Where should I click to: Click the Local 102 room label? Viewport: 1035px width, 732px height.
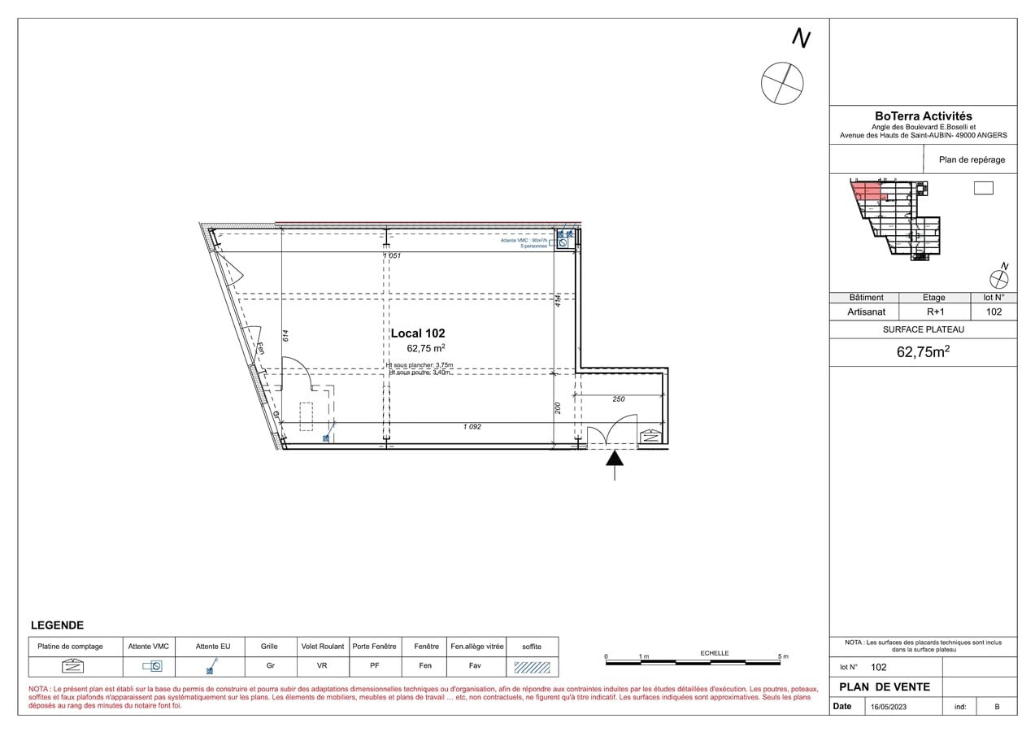pos(418,333)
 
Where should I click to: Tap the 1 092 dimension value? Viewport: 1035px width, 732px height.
pos(472,427)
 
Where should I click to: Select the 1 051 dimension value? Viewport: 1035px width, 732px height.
pos(392,255)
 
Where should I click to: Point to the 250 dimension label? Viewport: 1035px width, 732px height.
pos(618,399)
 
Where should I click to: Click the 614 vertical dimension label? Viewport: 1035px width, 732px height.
pos(286,334)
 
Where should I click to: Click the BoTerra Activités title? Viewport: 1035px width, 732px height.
pos(923,116)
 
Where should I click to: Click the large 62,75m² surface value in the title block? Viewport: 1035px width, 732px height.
pos(923,352)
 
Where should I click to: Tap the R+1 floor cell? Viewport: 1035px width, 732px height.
pos(935,312)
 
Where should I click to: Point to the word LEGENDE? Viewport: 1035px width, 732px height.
pos(57,625)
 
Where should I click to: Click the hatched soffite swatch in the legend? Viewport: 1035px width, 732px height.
pos(532,667)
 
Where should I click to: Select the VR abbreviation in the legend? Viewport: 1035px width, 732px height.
pos(323,666)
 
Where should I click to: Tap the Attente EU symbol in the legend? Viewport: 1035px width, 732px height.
pos(211,667)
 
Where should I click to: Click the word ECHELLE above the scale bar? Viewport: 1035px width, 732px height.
pos(715,653)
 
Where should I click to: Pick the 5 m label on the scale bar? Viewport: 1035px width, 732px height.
pos(783,656)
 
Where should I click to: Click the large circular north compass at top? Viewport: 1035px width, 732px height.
pos(782,83)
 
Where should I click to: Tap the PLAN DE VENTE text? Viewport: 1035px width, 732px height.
pos(885,686)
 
